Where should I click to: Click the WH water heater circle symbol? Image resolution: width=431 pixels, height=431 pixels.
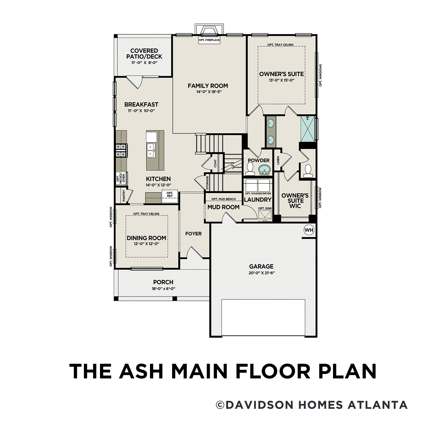click(309, 230)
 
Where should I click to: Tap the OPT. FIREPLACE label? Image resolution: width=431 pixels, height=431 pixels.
click(209, 40)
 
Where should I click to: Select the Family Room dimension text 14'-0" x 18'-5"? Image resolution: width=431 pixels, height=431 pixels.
click(208, 92)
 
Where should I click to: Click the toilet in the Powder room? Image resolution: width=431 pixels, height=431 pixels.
click(250, 169)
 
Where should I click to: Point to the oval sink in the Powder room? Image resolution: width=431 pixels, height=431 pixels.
click(264, 170)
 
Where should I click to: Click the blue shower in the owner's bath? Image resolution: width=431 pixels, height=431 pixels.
click(308, 128)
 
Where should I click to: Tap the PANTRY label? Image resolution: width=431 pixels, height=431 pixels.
click(124, 195)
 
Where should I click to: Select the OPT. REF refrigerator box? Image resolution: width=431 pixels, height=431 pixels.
click(170, 195)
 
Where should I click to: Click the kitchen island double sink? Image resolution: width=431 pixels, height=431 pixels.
click(151, 150)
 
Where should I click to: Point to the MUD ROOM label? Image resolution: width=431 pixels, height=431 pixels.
click(224, 207)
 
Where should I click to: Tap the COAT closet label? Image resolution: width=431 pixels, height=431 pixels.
click(215, 163)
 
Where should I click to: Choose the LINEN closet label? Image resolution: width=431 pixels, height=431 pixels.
click(278, 160)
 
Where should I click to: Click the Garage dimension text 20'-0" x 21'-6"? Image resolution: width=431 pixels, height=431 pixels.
click(261, 273)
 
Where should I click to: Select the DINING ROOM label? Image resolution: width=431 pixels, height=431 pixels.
click(147, 238)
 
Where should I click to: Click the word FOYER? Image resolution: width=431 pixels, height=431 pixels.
click(193, 234)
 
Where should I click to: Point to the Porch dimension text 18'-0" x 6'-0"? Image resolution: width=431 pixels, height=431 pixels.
click(163, 289)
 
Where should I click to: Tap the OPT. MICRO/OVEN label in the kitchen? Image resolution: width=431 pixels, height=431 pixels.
click(121, 179)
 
